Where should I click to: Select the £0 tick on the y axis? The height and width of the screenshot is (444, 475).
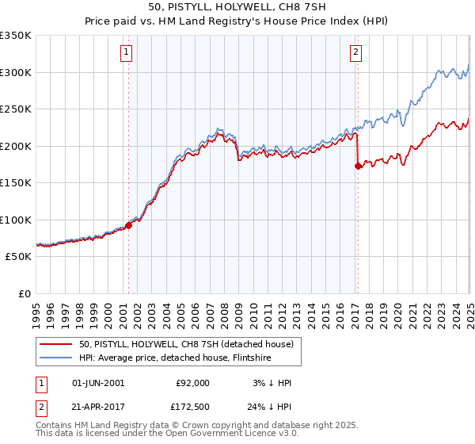tap(25, 293)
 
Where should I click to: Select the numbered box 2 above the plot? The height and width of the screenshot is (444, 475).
tap(355, 53)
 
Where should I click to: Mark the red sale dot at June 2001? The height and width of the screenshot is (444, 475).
tap(128, 225)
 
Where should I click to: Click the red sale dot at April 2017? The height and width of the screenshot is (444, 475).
tap(358, 166)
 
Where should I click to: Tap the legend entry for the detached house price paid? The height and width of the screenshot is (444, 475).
tap(186, 344)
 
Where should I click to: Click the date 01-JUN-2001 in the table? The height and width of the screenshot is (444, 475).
tap(98, 383)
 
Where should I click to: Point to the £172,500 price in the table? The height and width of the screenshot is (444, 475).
tap(192, 407)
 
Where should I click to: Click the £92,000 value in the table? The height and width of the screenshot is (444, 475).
tap(192, 383)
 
